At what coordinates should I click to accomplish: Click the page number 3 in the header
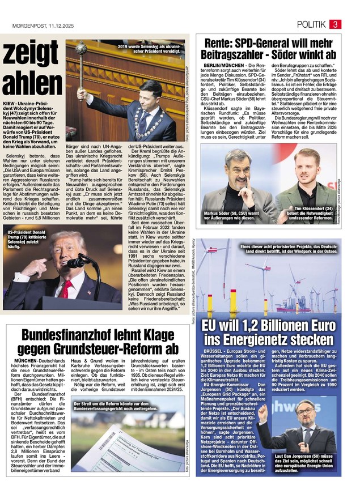pos(336,24)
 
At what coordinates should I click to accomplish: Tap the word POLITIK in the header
pos(311,24)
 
